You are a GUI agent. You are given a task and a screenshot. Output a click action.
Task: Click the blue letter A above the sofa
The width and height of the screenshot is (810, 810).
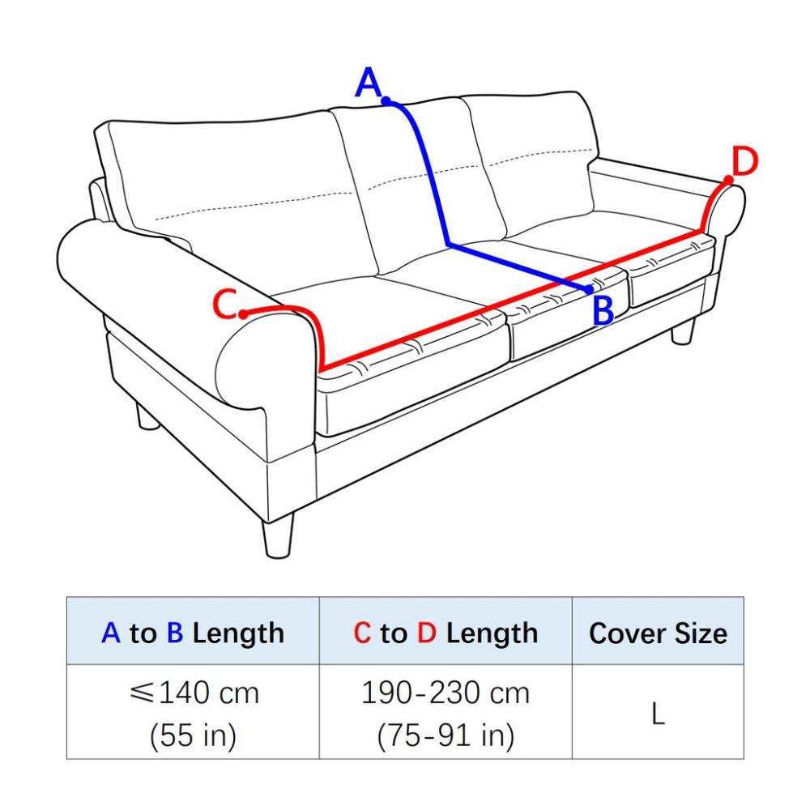pos(368,82)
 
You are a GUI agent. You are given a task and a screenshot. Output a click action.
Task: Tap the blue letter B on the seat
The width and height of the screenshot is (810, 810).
pos(603,310)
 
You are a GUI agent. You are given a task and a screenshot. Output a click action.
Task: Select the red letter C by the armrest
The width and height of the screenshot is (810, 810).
pos(225,305)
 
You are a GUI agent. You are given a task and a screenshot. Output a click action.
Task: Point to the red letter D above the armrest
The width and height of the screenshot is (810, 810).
pos(745,162)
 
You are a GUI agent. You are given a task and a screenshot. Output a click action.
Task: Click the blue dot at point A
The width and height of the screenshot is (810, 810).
pos(386,100)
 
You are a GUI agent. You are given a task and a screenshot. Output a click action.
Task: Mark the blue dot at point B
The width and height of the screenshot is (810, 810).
pos(589,290)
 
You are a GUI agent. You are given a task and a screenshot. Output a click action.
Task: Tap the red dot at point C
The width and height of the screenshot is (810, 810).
pos(243,314)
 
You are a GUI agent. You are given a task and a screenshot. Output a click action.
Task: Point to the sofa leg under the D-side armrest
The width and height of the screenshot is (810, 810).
pos(683,332)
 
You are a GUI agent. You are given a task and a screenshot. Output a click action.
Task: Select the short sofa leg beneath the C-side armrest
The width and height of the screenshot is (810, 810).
pos(147,416)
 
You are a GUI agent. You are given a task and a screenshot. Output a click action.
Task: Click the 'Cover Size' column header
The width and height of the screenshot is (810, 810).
pos(658,633)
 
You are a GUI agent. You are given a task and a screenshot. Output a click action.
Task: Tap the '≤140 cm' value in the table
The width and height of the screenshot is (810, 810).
pos(194,693)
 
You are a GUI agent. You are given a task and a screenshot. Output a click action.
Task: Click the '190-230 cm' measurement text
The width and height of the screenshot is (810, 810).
pos(446,693)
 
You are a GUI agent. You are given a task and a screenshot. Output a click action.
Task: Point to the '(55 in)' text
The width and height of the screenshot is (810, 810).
pos(194,735)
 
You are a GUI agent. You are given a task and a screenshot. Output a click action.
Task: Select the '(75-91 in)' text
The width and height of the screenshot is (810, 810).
pos(446,735)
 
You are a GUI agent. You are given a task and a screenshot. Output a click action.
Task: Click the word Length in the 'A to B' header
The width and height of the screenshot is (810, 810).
pos(238,634)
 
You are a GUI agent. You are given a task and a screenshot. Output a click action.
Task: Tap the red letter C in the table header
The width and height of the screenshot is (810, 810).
pos(362,633)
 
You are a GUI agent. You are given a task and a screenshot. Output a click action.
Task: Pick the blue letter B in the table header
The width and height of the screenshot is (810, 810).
pos(175,633)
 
